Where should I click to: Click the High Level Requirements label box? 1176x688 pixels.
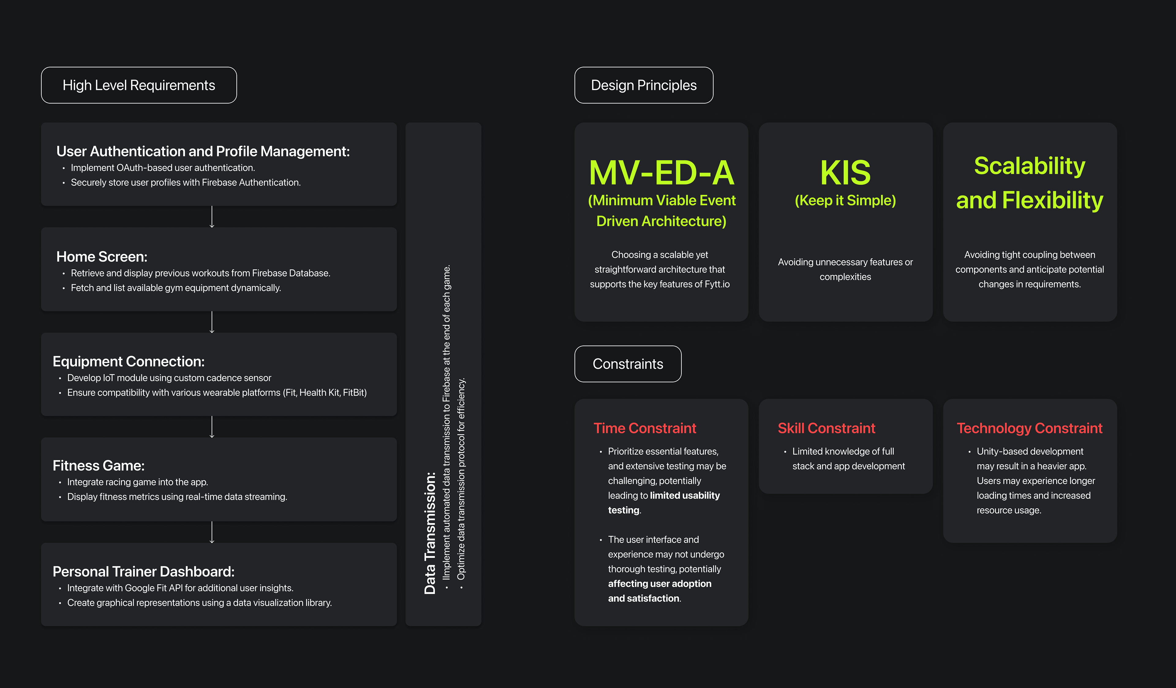tap(139, 85)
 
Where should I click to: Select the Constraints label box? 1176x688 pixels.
tap(628, 364)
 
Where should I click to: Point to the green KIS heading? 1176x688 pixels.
tap(845, 173)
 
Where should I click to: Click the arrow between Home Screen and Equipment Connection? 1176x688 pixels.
tap(212, 322)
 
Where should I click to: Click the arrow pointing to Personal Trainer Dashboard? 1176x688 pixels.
tap(212, 532)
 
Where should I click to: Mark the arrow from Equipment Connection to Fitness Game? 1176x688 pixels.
tap(212, 427)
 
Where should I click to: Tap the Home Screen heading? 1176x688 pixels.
tap(102, 257)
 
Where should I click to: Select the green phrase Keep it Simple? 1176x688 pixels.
tap(845, 200)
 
